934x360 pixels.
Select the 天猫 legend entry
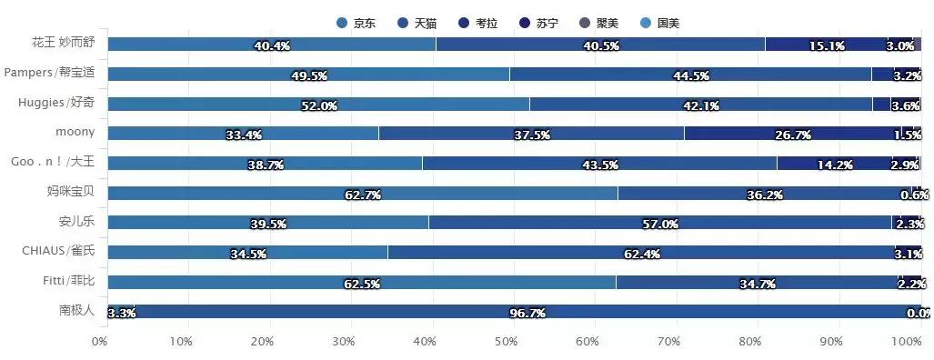coord(425,23)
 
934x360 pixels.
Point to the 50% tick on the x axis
coord(506,342)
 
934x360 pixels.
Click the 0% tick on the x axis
coord(100,342)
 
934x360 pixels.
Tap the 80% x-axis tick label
coord(750,342)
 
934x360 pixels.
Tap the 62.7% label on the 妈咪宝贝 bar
coord(363,195)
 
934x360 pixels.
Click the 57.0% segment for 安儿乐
coord(659,223)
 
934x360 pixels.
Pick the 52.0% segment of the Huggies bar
coord(318,104)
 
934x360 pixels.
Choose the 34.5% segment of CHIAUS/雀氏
coord(247,253)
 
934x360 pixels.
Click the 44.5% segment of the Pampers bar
coord(689,74)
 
